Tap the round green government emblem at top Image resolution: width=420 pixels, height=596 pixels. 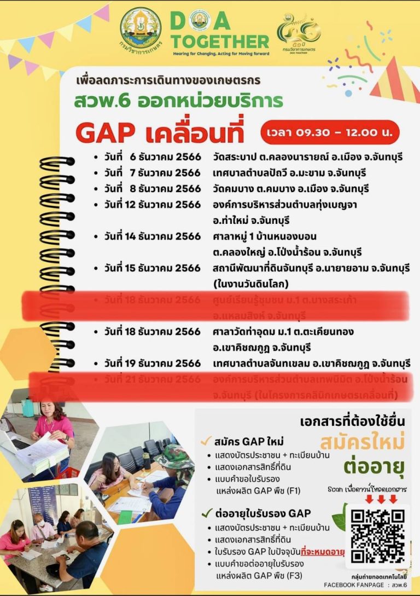pyautogui.click(x=141, y=28)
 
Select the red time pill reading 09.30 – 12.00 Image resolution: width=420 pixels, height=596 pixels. pyautogui.click(x=330, y=132)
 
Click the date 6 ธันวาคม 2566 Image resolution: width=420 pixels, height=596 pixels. pyautogui.click(x=153, y=157)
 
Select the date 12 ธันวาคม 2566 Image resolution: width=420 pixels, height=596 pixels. pyautogui.click(x=153, y=204)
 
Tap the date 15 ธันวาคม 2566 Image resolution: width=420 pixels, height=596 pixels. pyautogui.click(x=153, y=268)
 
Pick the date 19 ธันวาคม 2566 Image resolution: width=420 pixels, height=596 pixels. pyautogui.click(x=153, y=363)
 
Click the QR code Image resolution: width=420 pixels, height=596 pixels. pyautogui.click(x=377, y=536)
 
